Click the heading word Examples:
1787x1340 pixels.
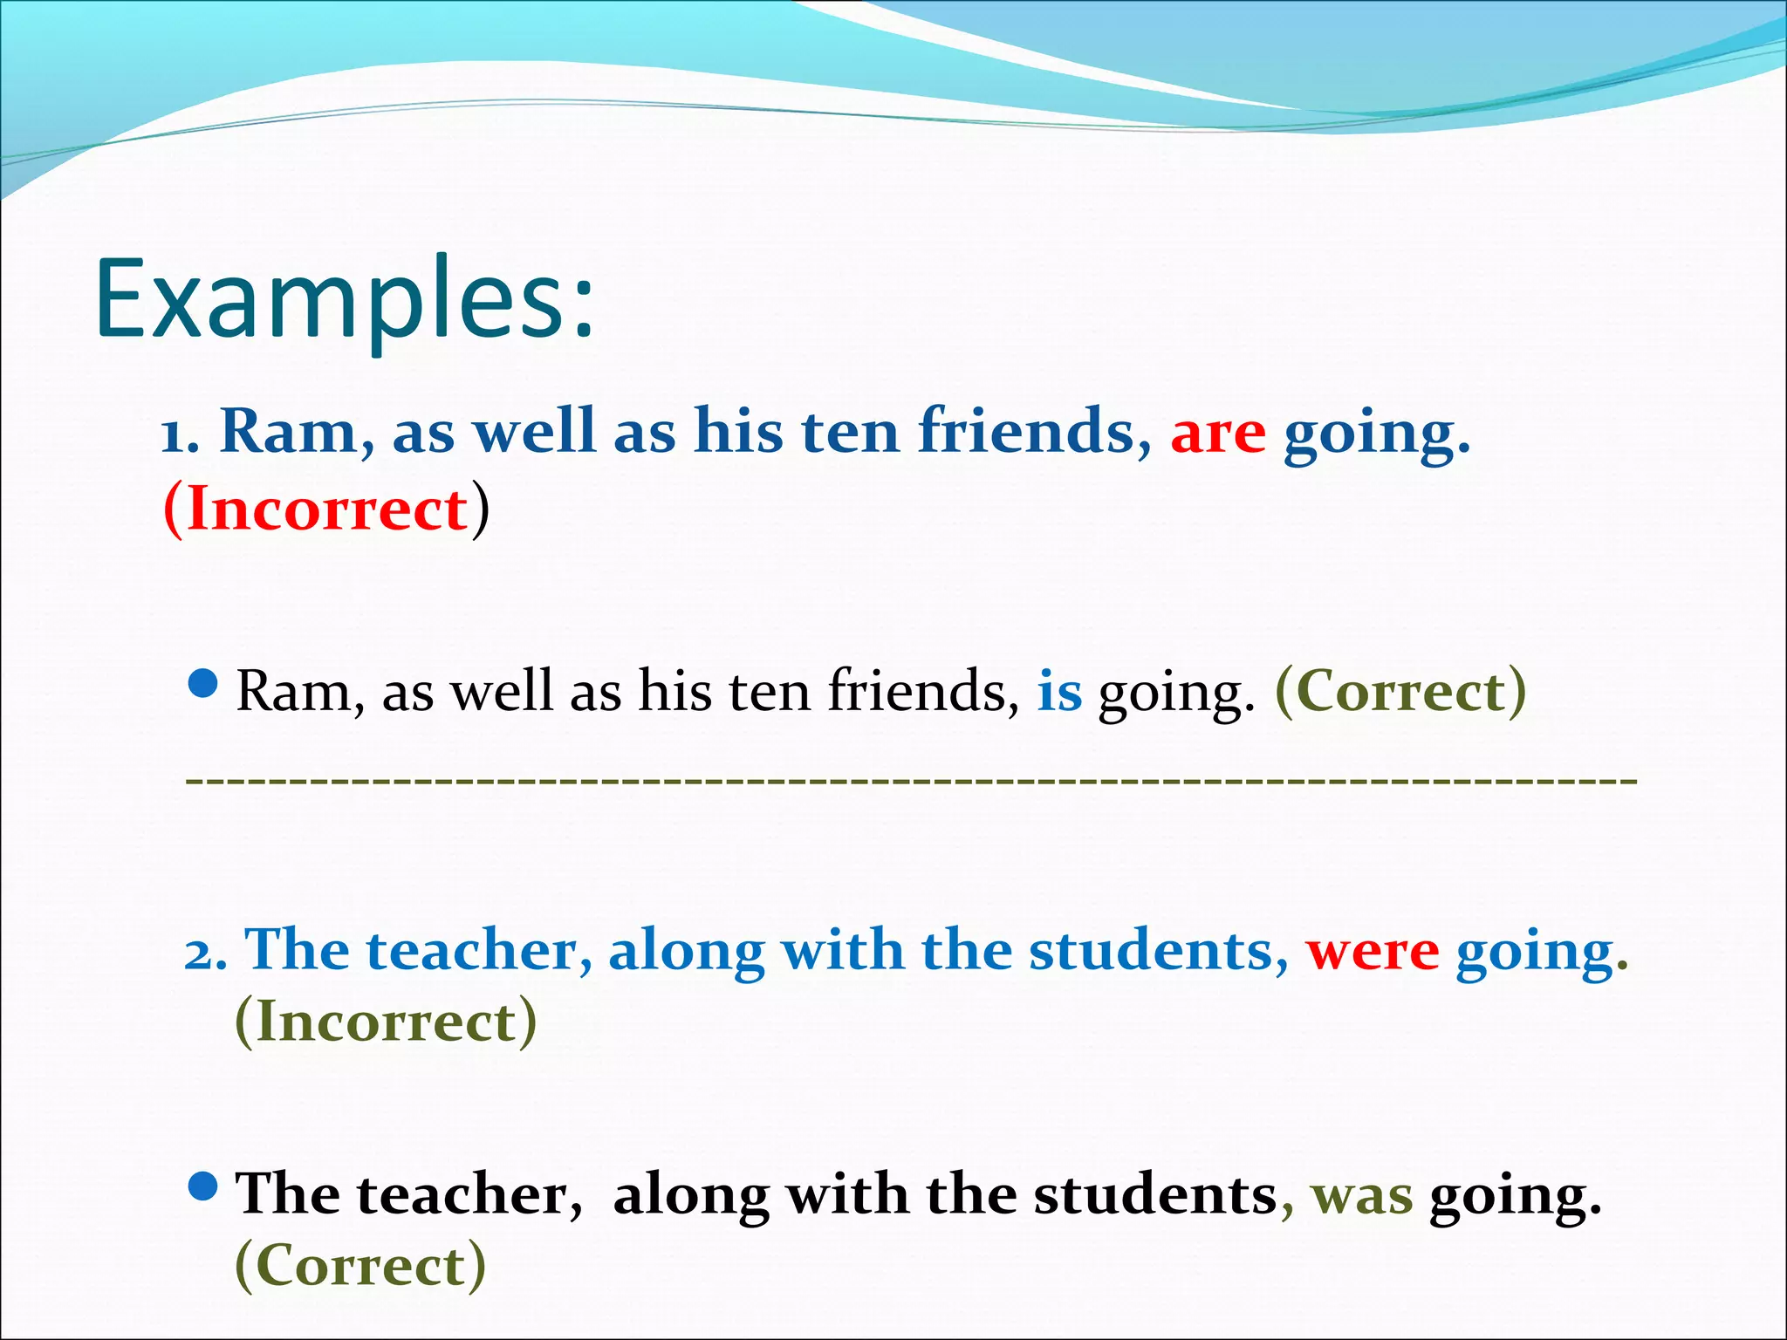345,299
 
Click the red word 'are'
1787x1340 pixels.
1217,433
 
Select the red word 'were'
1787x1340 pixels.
1372,951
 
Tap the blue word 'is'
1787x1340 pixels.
1059,692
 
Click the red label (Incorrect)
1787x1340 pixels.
326,509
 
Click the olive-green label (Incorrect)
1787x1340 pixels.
386,1022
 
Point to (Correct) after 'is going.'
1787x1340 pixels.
1400,692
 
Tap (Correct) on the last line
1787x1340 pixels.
360,1266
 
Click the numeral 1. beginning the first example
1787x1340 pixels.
181,434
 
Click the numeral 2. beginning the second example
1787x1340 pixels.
206,953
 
